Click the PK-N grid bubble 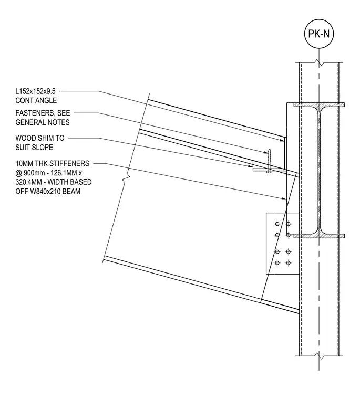click(319, 34)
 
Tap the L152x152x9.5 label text click(35, 91)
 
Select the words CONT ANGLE click(36, 100)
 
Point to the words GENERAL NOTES click(42, 122)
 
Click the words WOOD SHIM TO click(40, 138)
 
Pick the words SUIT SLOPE click(34, 148)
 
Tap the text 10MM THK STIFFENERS click(52, 163)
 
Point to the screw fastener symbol click(269, 161)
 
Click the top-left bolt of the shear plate click(277, 224)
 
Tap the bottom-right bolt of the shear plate click(288, 263)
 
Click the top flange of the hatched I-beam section click(319, 104)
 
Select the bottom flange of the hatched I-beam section click(319, 236)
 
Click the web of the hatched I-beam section click(319, 170)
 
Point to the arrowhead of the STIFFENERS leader click(284, 199)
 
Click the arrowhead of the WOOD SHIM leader click(251, 166)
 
